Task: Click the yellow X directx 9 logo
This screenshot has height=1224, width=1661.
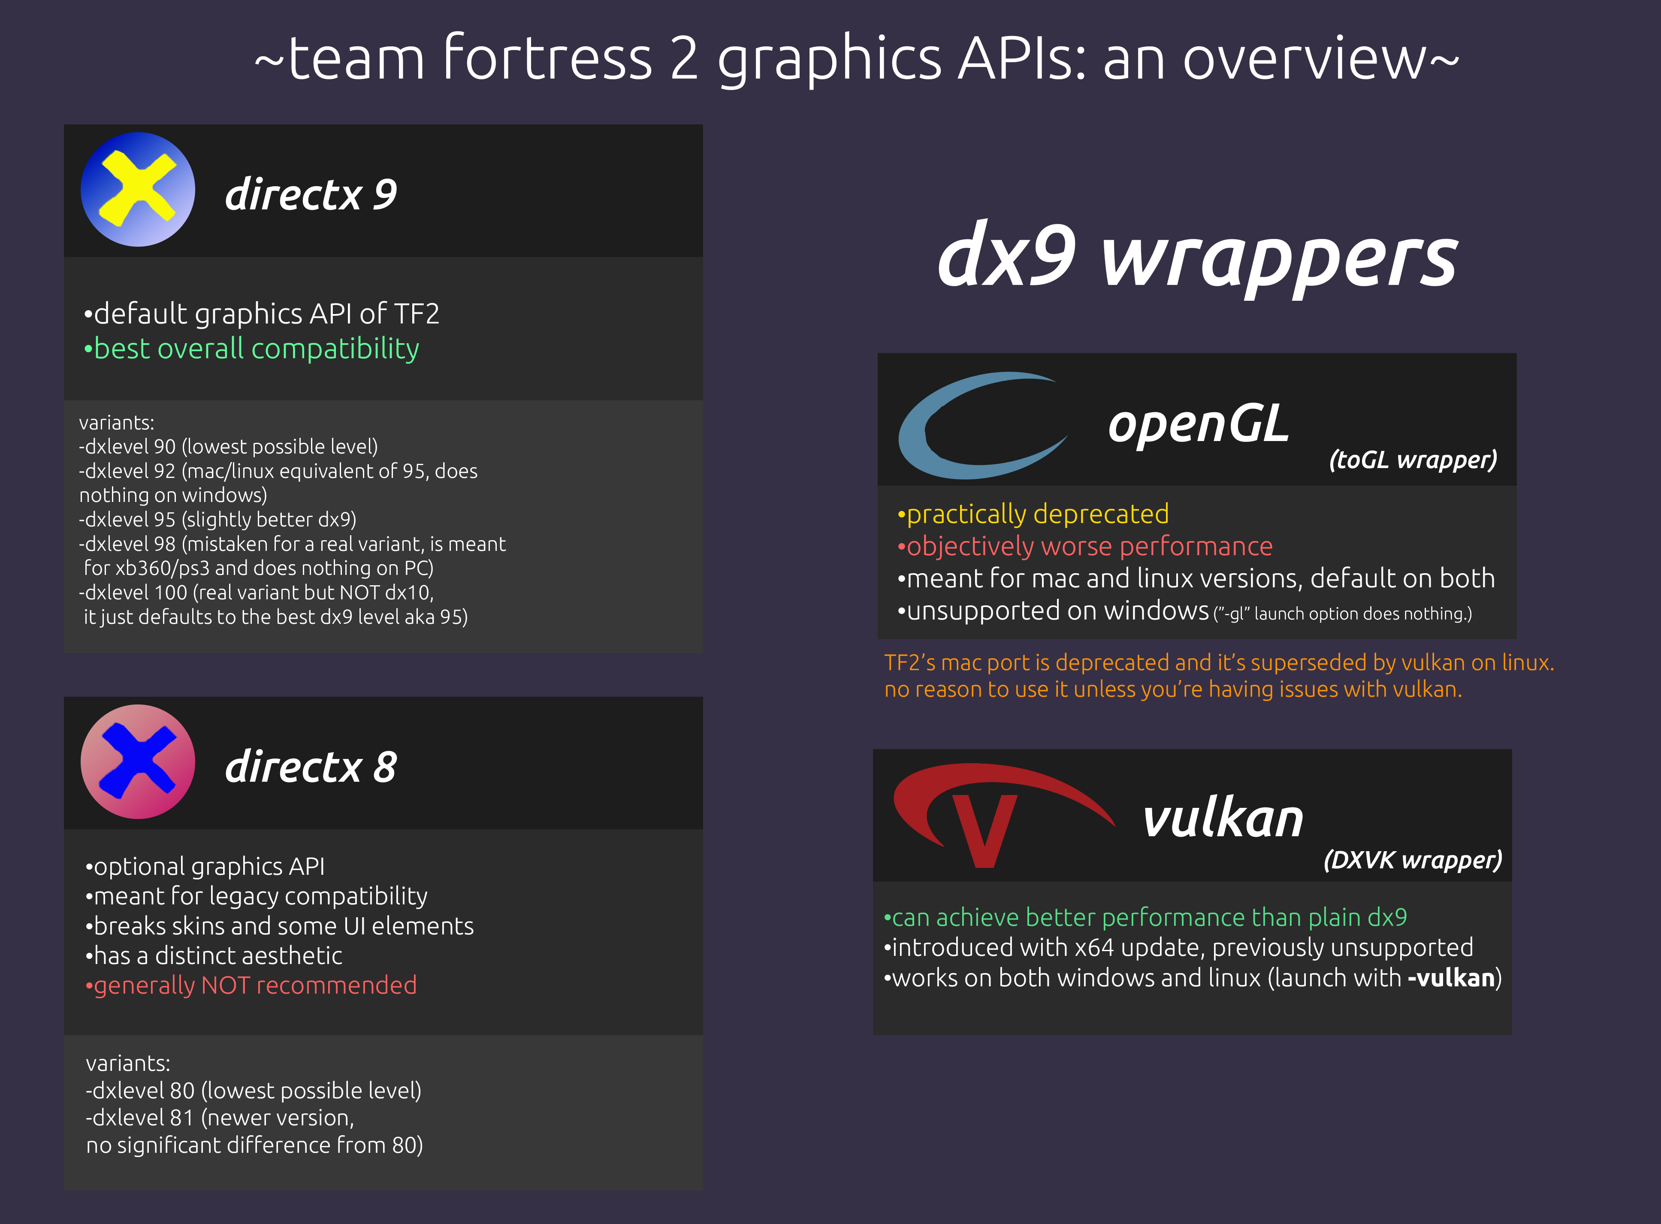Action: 138,190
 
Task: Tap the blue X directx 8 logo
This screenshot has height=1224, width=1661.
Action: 138,762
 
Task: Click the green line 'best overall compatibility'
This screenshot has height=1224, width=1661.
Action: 252,349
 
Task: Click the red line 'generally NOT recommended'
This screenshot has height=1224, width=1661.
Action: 252,985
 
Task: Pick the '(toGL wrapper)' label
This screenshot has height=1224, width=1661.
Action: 1413,460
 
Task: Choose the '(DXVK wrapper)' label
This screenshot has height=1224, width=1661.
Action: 1413,860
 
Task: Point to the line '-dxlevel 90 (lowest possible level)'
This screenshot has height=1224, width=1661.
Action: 228,447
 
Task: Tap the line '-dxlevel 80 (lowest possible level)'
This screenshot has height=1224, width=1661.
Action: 254,1091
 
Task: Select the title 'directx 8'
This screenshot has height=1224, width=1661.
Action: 311,766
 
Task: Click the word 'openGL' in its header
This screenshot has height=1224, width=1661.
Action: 1198,425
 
